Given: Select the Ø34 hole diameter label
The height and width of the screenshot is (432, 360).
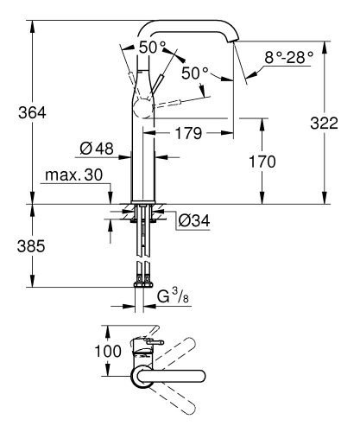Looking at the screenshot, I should tap(195, 219).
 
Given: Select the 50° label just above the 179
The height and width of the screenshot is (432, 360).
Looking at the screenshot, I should tap(195, 75).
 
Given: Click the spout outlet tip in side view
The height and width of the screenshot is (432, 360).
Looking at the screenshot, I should tap(233, 41).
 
